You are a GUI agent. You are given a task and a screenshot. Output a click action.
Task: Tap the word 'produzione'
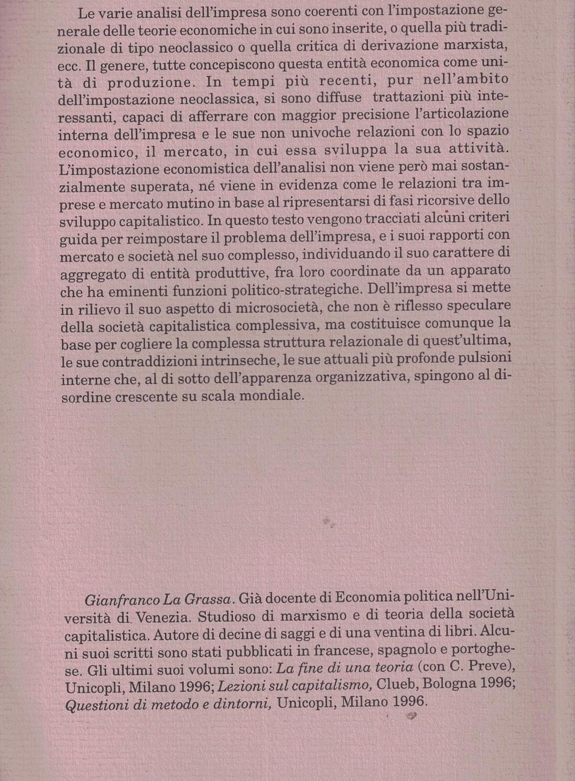[151, 83]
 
